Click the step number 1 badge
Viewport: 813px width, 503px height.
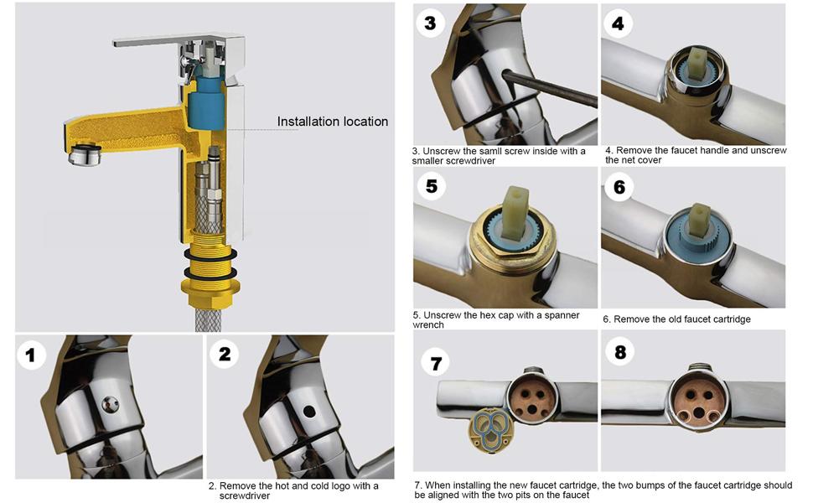pos(31,355)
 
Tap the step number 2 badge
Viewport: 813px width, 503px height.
pos(224,354)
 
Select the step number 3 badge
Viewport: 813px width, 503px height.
pos(430,23)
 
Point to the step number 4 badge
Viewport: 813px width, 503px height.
pos(618,23)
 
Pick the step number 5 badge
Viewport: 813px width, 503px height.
pos(431,185)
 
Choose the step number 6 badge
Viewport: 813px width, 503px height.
pos(619,186)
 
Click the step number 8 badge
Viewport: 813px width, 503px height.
pos(619,352)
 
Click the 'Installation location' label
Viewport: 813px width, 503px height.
pos(333,122)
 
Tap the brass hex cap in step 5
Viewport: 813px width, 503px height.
pos(510,251)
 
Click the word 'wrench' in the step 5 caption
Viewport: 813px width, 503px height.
pos(428,325)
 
